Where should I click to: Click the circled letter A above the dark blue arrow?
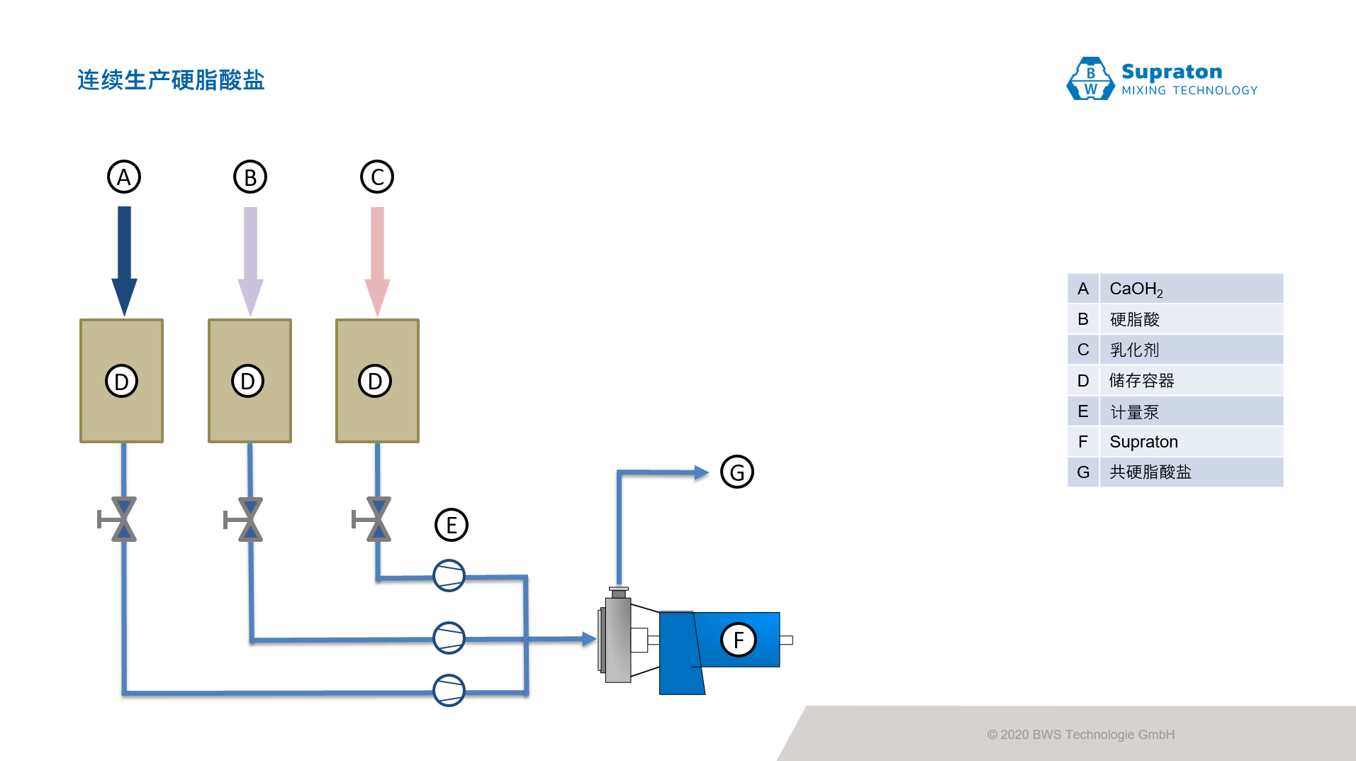(124, 177)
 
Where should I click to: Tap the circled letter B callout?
(250, 177)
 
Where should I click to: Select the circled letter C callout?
(377, 177)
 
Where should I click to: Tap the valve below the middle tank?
(250, 520)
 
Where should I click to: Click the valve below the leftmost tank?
(123, 520)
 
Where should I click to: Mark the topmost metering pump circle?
(449, 576)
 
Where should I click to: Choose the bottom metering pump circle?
(449, 690)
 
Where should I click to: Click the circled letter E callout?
(452, 525)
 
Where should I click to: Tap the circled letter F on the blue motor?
(739, 640)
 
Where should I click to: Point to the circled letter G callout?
(737, 472)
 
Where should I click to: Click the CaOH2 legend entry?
(1136, 289)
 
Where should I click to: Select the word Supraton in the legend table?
(1143, 442)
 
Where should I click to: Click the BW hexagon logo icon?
(1090, 79)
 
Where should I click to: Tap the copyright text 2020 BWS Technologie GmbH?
(1081, 735)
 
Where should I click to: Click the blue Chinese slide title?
(171, 80)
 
